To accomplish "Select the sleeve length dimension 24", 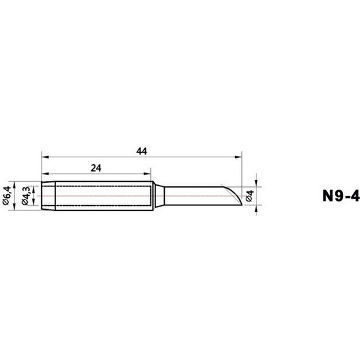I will (96, 168).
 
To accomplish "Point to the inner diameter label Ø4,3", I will (26, 196).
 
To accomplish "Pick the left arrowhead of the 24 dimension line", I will (44, 173).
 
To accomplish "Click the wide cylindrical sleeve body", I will (101, 196).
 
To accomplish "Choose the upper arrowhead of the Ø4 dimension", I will (256, 183).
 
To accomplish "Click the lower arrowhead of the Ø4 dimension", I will (256, 209).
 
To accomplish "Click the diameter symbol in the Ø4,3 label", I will (26, 204).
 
